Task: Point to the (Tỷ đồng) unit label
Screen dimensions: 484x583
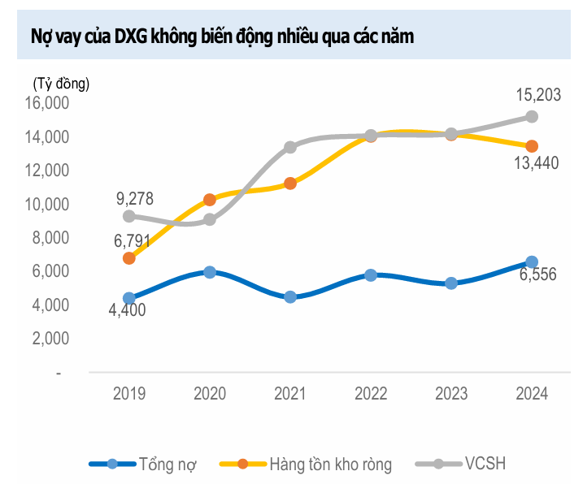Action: (61, 82)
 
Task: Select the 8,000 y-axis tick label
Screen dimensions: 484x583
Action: (50, 238)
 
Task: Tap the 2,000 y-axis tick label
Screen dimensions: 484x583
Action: (50, 339)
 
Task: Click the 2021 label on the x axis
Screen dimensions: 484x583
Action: (290, 394)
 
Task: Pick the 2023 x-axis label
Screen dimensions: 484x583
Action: (451, 394)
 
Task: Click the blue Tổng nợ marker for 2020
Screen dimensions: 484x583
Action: (210, 272)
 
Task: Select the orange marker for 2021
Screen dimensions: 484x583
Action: (290, 184)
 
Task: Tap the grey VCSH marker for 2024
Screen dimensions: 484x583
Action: (532, 116)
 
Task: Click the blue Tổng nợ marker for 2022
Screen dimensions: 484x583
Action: (371, 275)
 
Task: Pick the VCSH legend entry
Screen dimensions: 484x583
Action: (460, 465)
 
